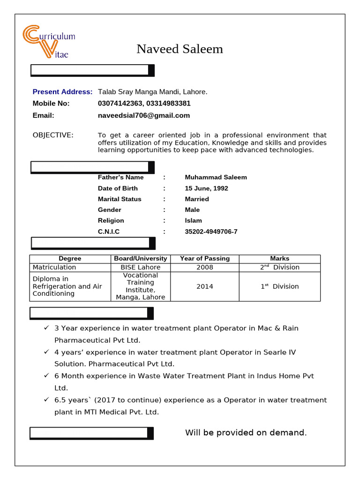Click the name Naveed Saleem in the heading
[180, 49]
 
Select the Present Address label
[62, 92]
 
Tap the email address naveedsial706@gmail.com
[143, 115]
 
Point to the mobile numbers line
[144, 104]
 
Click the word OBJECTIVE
[53, 135]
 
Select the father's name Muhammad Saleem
[216, 177]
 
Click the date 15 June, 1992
[206, 188]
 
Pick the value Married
[197, 199]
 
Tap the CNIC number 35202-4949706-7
[211, 232]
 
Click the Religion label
[111, 221]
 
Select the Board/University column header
[141, 259]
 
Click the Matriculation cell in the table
[54, 267]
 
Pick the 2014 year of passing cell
[204, 286]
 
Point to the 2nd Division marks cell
[279, 267]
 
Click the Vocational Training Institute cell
[141, 286]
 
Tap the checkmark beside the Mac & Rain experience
[46, 328]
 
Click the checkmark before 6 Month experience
[46, 375]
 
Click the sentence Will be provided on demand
[246, 433]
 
